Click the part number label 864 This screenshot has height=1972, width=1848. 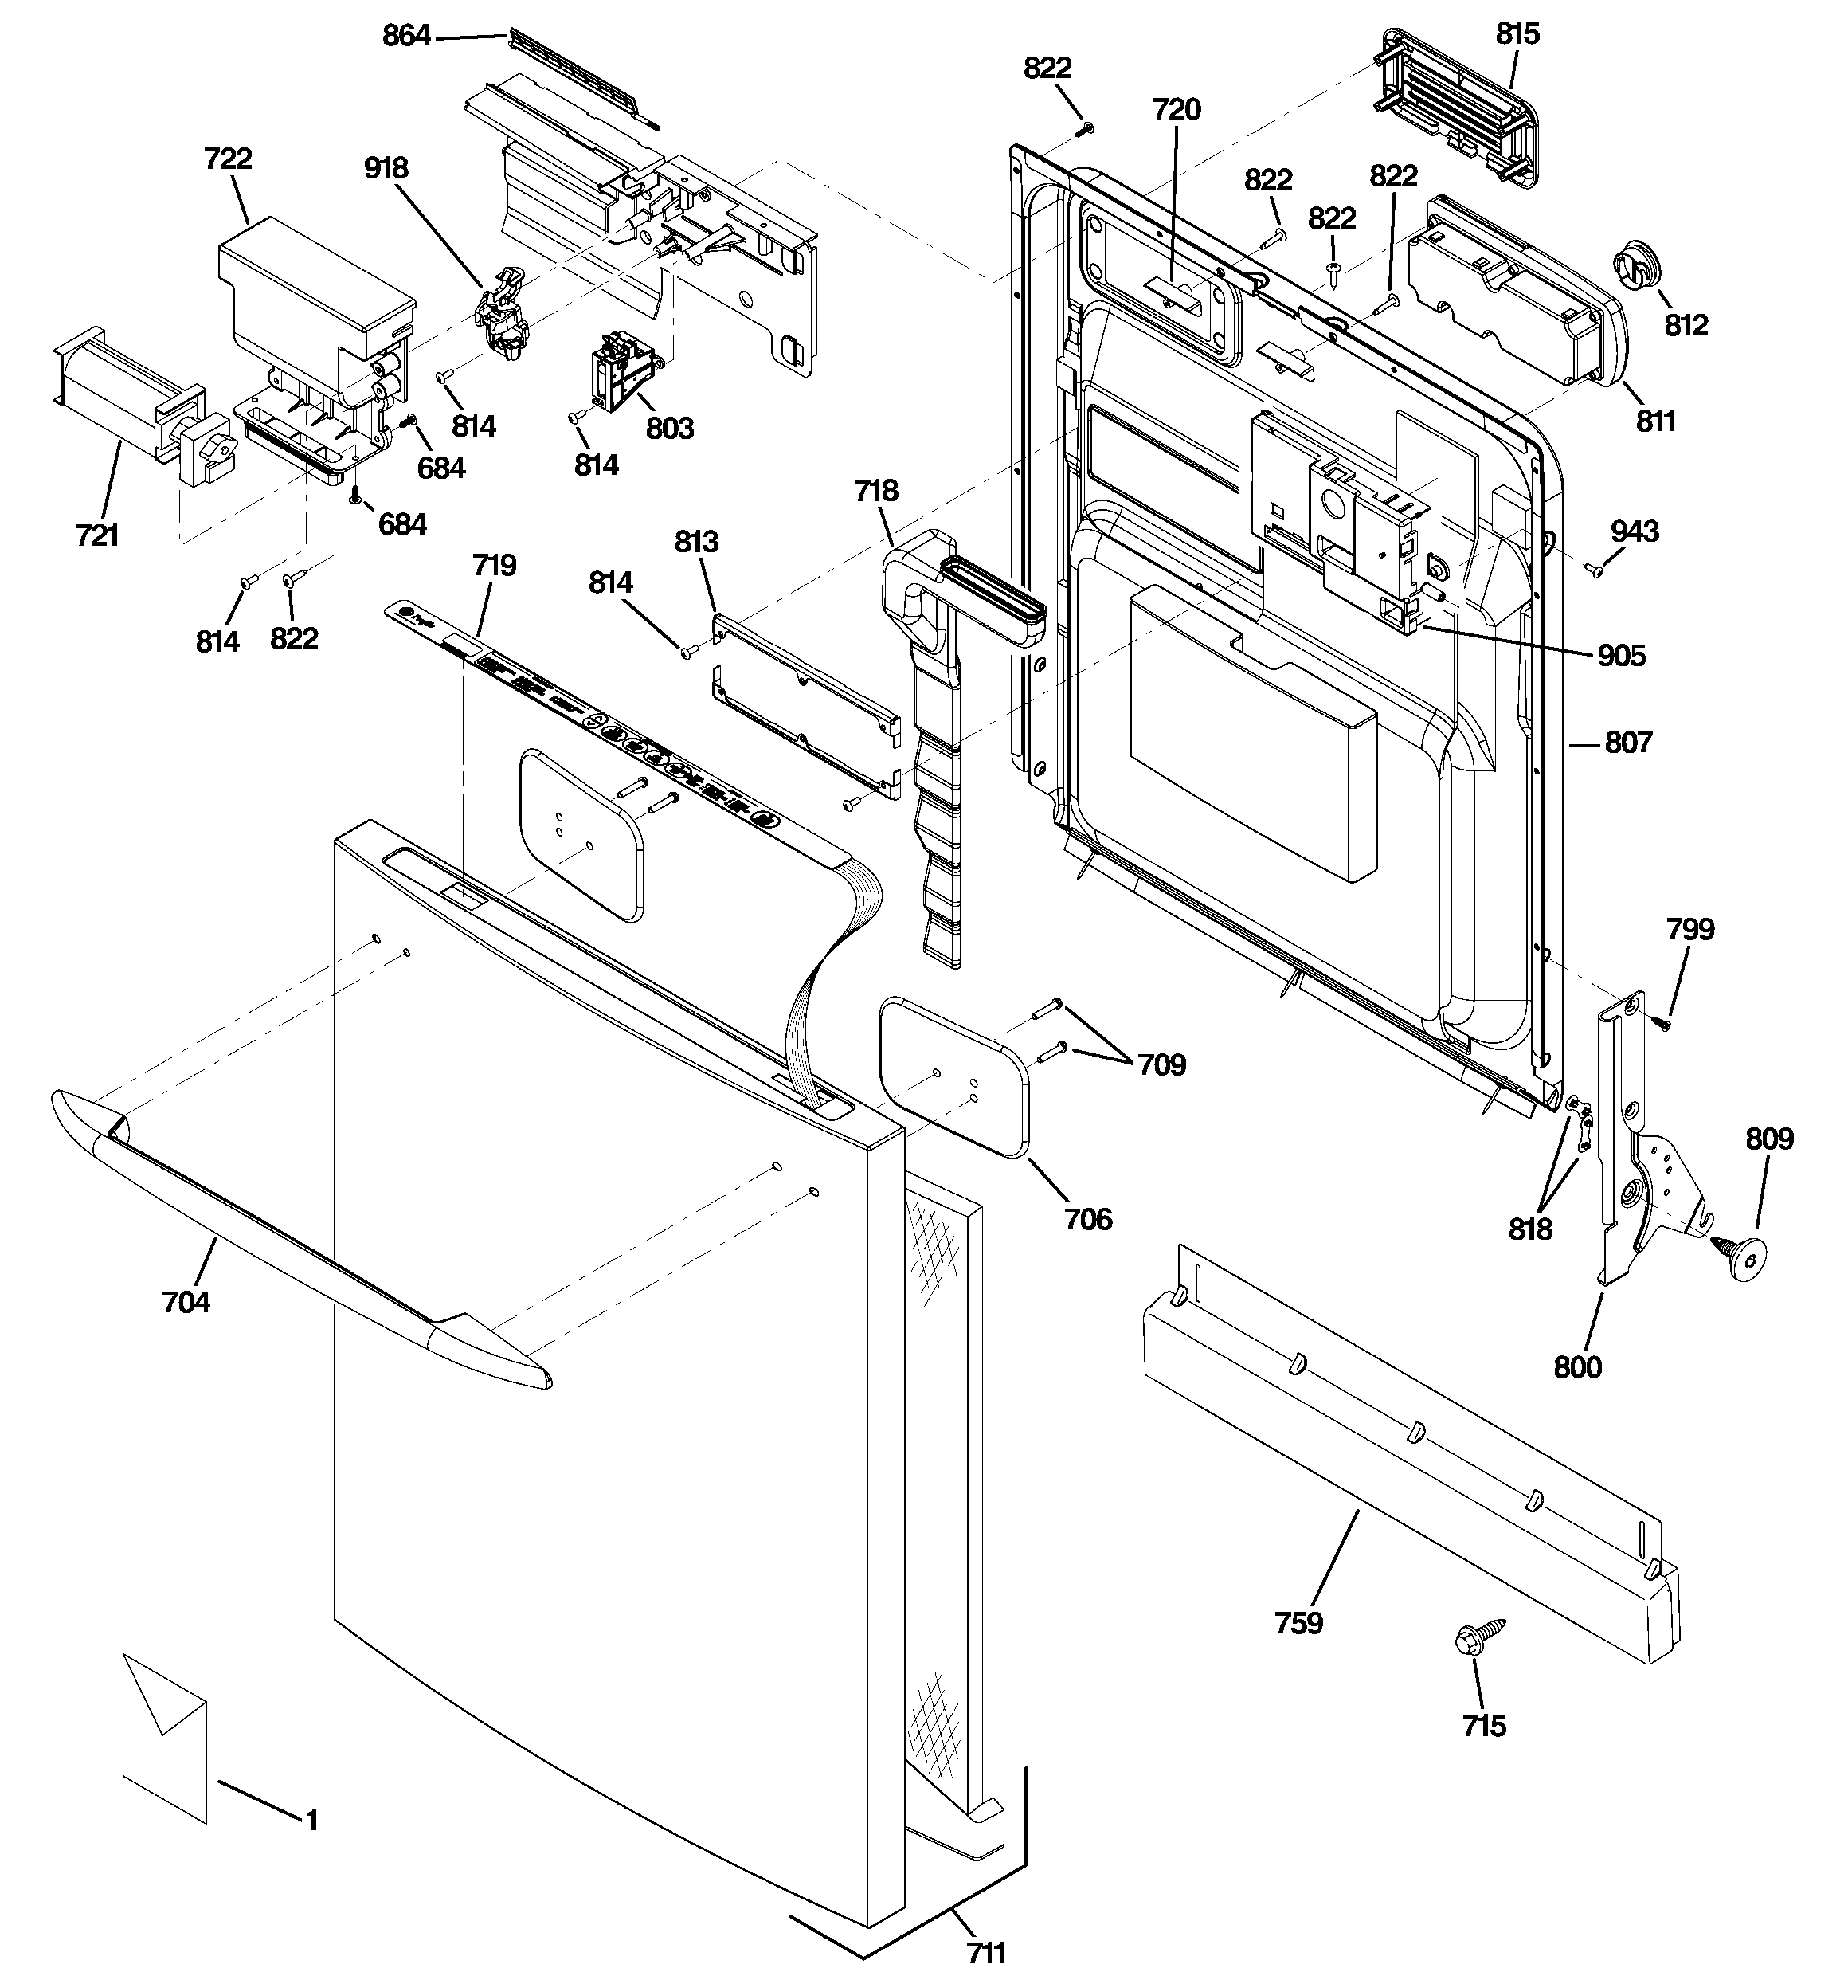point(407,37)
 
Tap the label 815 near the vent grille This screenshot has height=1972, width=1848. point(1517,33)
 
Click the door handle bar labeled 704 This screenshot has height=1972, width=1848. point(298,1241)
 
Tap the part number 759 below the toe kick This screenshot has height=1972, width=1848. point(1298,1623)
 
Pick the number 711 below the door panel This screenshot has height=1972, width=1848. point(986,1952)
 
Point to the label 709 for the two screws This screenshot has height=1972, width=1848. point(1161,1064)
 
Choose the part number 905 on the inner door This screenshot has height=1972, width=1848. point(1621,656)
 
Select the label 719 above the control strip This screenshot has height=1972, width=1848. point(494,566)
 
